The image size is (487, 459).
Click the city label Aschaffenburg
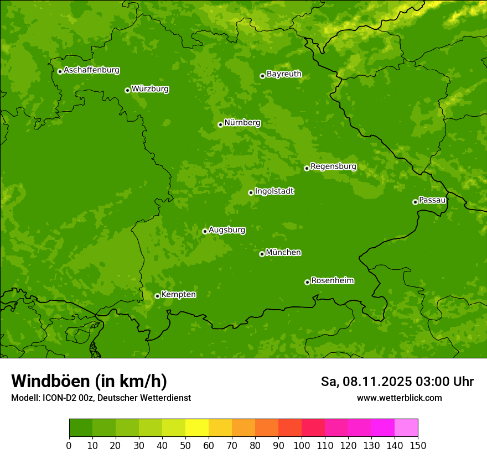pyautogui.click(x=91, y=70)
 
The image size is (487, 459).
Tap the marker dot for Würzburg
pyautogui.click(x=127, y=90)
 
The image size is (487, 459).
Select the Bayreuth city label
pyautogui.click(x=284, y=74)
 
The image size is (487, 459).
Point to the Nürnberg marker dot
pyautogui.click(x=220, y=124)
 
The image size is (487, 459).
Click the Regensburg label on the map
pyautogui.click(x=333, y=166)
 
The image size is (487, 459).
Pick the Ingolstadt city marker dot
pyautogui.click(x=251, y=192)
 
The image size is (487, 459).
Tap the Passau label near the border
pyautogui.click(x=432, y=200)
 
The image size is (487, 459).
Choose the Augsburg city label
pyautogui.click(x=227, y=230)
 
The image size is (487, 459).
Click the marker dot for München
pyautogui.click(x=262, y=254)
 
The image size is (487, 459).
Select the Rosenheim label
pyautogui.click(x=332, y=281)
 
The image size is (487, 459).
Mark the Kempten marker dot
pyautogui.click(x=157, y=296)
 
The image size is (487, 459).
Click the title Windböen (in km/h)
pyautogui.click(x=89, y=382)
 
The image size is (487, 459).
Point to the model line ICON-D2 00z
pyautogui.click(x=101, y=398)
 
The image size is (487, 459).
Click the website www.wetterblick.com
pyautogui.click(x=399, y=398)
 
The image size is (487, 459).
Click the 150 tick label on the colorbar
pyautogui.click(x=418, y=445)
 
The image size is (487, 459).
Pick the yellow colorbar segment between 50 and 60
pyautogui.click(x=197, y=428)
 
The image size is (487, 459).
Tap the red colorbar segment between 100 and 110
pyautogui.click(x=313, y=428)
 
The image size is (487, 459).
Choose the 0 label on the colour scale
pyautogui.click(x=69, y=445)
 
